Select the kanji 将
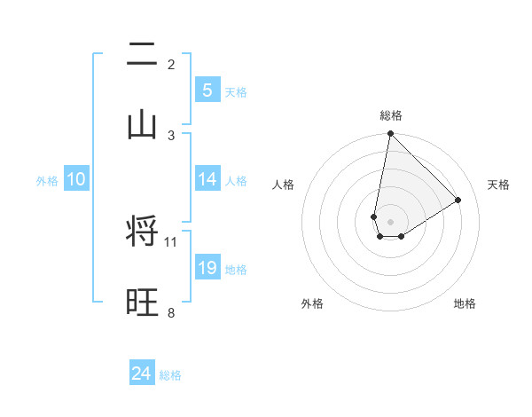pos(142,232)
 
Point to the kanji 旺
pos(142,302)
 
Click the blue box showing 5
pos(207,90)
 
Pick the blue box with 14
pos(207,179)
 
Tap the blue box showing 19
pos(207,268)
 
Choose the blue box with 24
pos(142,374)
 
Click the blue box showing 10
pos(76,179)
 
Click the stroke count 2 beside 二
pos(171,64)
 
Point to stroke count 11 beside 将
pos(171,241)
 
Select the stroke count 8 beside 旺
pos(171,312)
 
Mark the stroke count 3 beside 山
pos(171,135)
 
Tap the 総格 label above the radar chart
pos(390,115)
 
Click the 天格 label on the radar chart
pos(498,185)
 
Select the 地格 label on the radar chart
pos(465,303)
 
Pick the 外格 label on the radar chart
pos(312,303)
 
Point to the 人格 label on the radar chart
pos(284,185)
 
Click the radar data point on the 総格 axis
pos(390,134)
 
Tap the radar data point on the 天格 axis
pos(458,200)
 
